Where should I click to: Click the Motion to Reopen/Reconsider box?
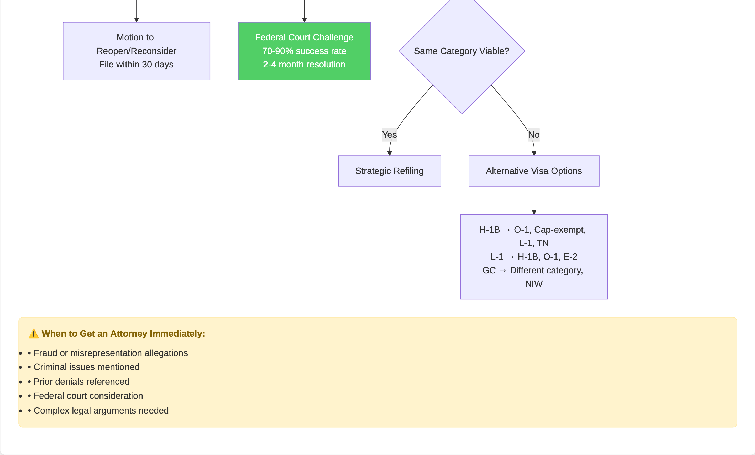click(x=136, y=51)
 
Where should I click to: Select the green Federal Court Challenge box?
click(x=304, y=51)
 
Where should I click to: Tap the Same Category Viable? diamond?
click(x=462, y=51)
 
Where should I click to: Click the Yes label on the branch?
click(x=390, y=135)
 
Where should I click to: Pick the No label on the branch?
click(x=534, y=135)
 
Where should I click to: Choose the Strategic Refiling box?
click(x=390, y=171)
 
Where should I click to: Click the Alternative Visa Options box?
click(x=534, y=171)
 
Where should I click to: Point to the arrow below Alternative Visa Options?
click(x=534, y=200)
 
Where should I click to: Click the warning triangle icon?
click(x=33, y=334)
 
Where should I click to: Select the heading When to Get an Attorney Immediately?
click(x=123, y=334)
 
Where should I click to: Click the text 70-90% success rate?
click(x=304, y=51)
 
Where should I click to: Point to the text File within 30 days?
click(x=136, y=64)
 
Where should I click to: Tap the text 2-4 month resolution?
click(x=304, y=64)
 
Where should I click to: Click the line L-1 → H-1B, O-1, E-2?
click(x=534, y=257)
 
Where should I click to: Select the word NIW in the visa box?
click(x=534, y=284)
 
